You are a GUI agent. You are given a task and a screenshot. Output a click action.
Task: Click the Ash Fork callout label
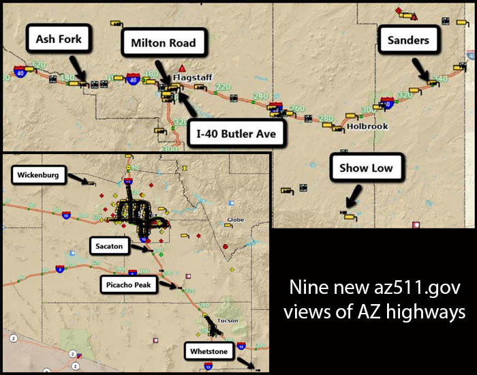pyautogui.click(x=59, y=40)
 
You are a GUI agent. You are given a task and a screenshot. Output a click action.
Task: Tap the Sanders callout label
pyautogui.click(x=408, y=40)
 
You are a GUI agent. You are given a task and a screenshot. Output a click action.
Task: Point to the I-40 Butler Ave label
pyautogui.click(x=236, y=134)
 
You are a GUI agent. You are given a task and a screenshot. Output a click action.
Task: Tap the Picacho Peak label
pyautogui.click(x=128, y=284)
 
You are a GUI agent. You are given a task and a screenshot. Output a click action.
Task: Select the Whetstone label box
pyautogui.click(x=209, y=351)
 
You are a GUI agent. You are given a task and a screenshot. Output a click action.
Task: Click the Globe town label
pyautogui.click(x=235, y=220)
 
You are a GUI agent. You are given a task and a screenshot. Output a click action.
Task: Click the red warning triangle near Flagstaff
pyautogui.click(x=182, y=68)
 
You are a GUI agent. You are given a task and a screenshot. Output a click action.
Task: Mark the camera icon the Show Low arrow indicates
pyautogui.click(x=350, y=217)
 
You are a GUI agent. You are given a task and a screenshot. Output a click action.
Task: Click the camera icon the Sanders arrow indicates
pyautogui.click(x=431, y=83)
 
